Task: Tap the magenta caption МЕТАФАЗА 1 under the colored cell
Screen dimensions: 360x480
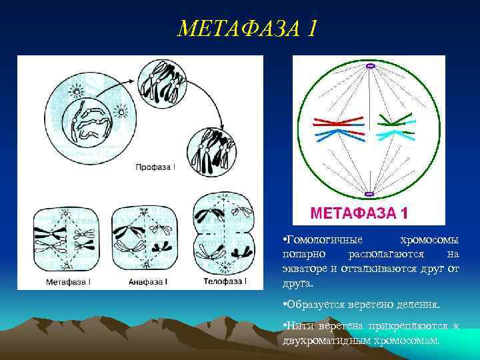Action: [x=359, y=213]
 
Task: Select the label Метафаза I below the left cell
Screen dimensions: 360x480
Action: [x=69, y=282]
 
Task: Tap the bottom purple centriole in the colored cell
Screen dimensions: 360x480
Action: [x=369, y=195]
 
